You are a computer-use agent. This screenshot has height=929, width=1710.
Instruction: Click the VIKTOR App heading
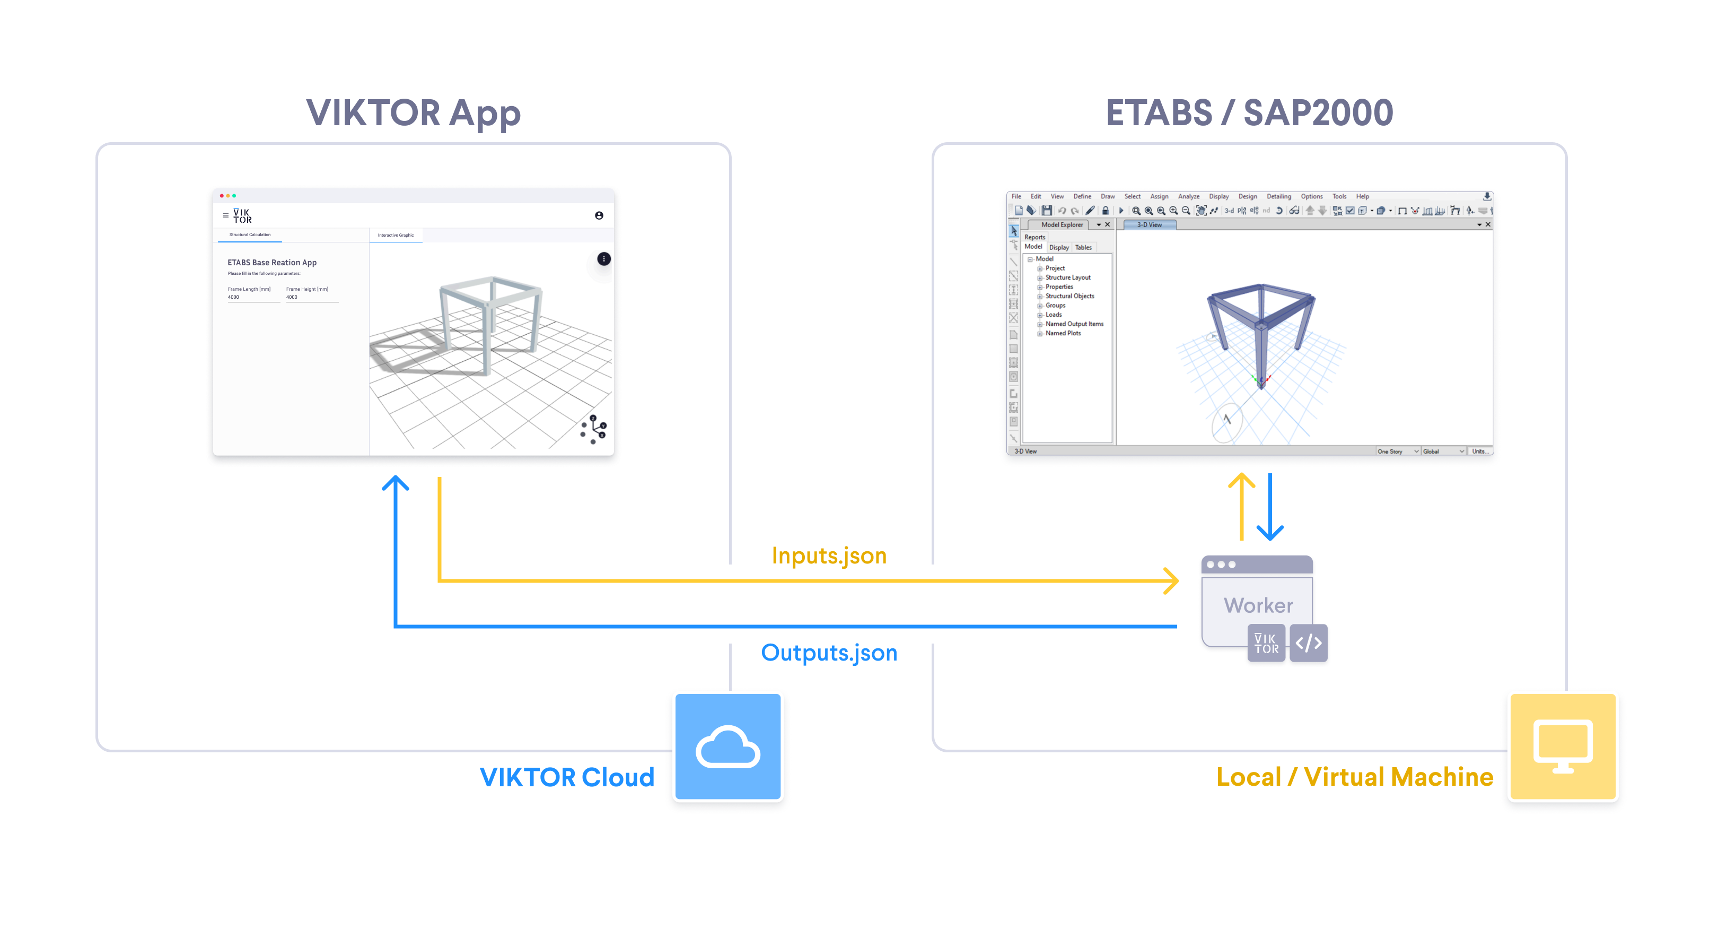[x=413, y=113]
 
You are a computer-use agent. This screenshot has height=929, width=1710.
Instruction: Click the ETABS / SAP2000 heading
[x=1249, y=113]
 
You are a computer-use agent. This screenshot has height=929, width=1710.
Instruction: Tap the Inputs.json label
[x=829, y=555]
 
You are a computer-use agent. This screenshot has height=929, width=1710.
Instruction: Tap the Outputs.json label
[x=829, y=652]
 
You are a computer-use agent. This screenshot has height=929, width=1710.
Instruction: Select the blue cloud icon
[x=727, y=746]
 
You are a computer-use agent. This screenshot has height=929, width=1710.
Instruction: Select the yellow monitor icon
[x=1562, y=746]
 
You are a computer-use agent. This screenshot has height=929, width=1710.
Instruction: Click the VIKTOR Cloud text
[x=567, y=777]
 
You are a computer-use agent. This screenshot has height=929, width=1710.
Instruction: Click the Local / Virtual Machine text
[x=1354, y=777]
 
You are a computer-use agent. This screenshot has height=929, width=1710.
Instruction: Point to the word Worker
[x=1258, y=605]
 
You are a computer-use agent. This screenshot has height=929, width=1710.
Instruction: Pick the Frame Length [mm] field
[x=253, y=297]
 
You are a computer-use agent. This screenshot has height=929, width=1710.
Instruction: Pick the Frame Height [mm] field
[x=311, y=297]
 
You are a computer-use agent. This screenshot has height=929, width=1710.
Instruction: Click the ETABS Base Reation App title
[x=272, y=262]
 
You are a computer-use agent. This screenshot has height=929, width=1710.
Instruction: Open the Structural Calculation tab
[x=250, y=235]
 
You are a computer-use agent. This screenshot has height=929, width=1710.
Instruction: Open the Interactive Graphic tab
[x=396, y=235]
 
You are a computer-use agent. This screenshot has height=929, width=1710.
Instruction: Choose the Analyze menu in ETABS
[x=1188, y=196]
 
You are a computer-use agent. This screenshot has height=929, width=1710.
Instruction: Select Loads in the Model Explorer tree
[x=1054, y=315]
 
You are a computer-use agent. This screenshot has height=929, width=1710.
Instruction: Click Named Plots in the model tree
[x=1063, y=333]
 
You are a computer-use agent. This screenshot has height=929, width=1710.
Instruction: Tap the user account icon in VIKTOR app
[x=599, y=216]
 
